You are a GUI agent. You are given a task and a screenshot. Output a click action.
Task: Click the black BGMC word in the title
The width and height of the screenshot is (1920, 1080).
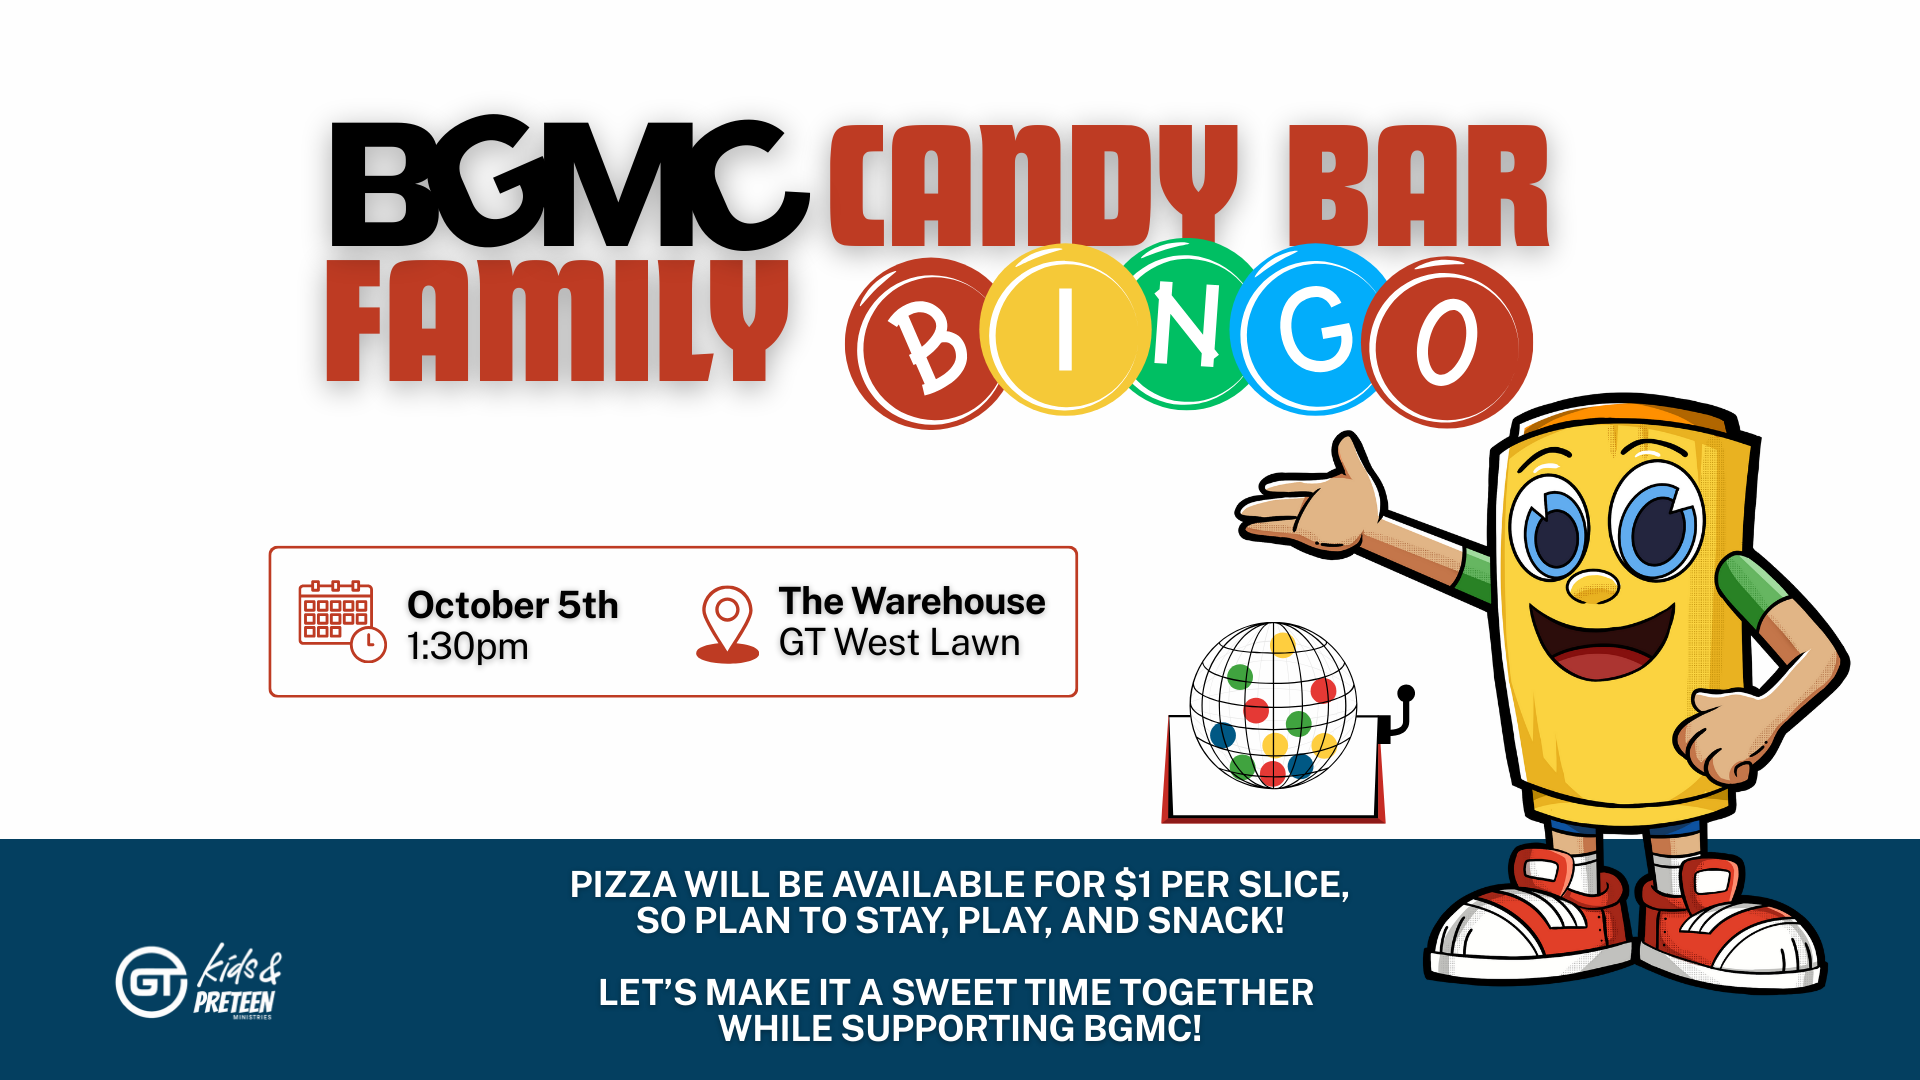[570, 185]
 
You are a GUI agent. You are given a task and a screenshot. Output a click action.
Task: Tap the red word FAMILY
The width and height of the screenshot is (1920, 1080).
[557, 320]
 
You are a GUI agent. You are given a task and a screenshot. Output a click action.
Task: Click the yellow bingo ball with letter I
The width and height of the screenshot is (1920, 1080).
[1064, 329]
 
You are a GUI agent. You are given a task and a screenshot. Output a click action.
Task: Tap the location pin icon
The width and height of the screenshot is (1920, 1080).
[727, 624]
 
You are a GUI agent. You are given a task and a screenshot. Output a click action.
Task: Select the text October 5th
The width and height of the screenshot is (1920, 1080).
[513, 605]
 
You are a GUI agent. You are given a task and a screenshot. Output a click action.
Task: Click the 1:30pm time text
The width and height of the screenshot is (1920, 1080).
[468, 647]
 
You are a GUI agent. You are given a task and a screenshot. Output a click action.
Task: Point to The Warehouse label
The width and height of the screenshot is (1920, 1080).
[912, 601]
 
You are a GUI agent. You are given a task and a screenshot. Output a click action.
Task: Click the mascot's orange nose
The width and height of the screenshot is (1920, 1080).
[1592, 586]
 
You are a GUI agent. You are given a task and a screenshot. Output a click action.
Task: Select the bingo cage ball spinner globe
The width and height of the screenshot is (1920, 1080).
[1273, 705]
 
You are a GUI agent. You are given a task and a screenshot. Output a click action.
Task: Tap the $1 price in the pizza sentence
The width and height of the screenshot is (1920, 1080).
[1133, 885]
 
